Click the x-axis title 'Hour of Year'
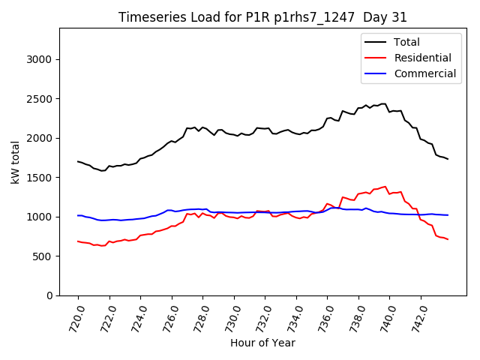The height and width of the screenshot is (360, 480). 262,343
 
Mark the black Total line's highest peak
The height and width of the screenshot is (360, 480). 384,103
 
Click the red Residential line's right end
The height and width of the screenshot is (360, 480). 448,239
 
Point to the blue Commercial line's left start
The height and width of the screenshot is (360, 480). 78,215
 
